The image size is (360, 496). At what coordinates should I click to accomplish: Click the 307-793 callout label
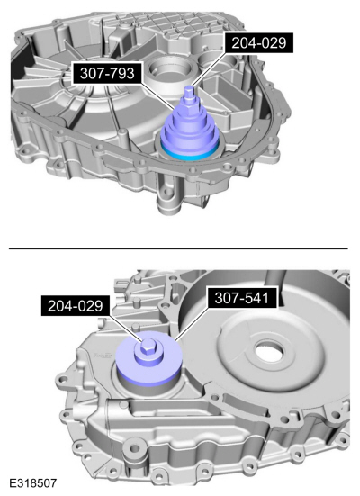coord(107,74)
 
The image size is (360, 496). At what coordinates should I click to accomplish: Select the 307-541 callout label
coord(242,298)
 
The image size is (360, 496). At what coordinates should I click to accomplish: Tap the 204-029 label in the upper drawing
coord(259,42)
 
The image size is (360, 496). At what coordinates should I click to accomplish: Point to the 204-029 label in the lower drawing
coord(76,306)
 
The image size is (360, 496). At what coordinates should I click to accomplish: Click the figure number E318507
coord(33,482)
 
